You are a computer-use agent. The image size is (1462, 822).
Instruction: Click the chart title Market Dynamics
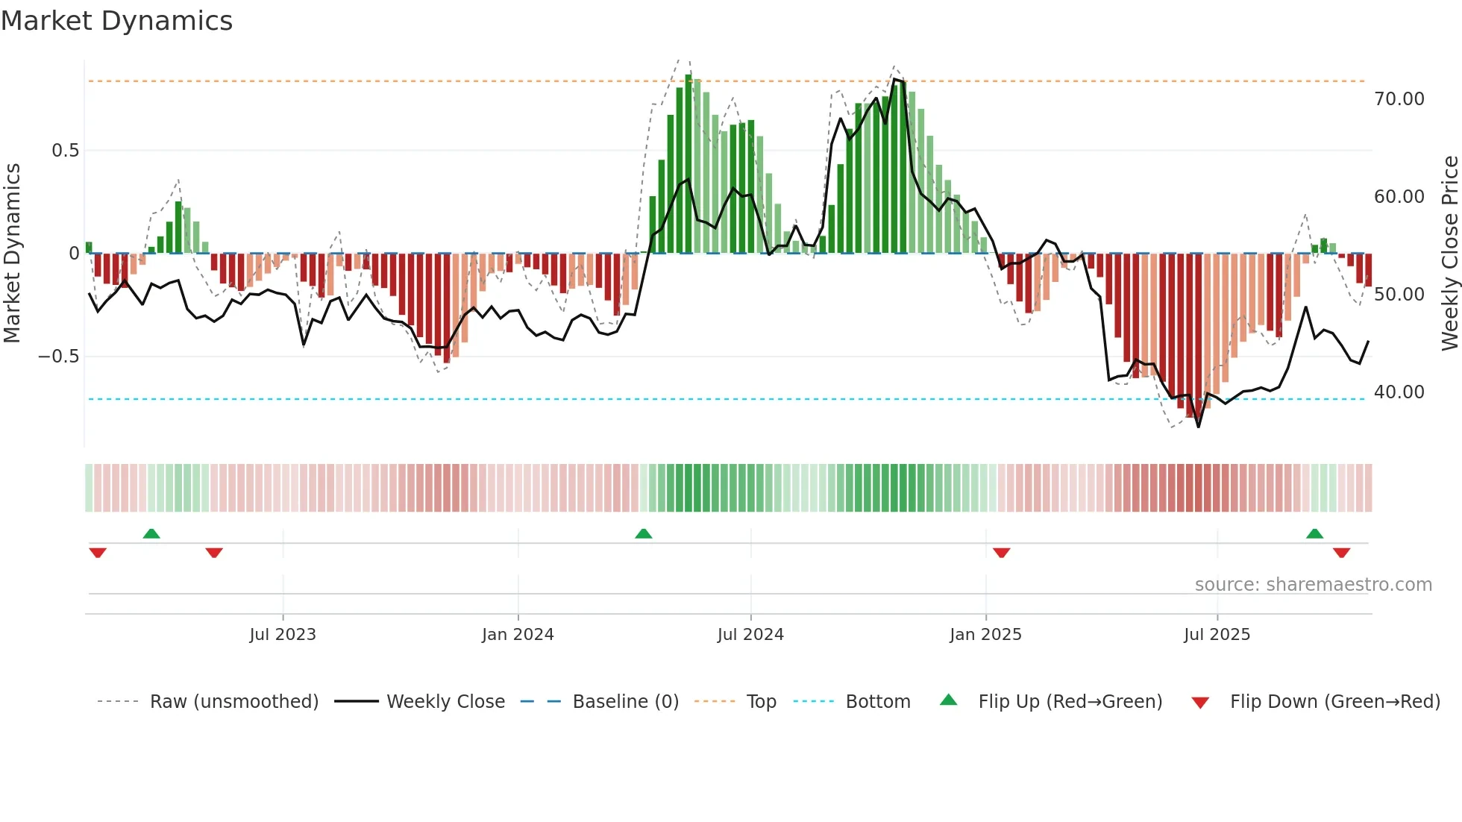117,21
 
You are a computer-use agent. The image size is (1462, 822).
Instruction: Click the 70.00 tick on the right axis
1399,99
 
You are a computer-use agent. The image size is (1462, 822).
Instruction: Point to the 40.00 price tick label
1399,392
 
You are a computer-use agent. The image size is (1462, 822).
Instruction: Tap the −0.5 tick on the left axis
59,357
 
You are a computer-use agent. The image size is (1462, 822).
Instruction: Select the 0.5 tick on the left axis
65,151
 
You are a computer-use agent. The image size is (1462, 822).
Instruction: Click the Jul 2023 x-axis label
283,635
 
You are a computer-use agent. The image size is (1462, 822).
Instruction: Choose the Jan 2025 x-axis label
985,635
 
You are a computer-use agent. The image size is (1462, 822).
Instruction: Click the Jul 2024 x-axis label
750,635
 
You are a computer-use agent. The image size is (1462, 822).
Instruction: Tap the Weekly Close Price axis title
1449,253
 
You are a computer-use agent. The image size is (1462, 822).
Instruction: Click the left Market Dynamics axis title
12,253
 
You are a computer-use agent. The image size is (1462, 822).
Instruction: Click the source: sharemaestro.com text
1313,585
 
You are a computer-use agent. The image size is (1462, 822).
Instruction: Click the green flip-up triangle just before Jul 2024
643,534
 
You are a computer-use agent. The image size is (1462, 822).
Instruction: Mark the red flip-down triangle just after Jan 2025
1001,552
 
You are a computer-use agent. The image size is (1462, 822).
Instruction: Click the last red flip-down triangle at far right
1341,552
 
